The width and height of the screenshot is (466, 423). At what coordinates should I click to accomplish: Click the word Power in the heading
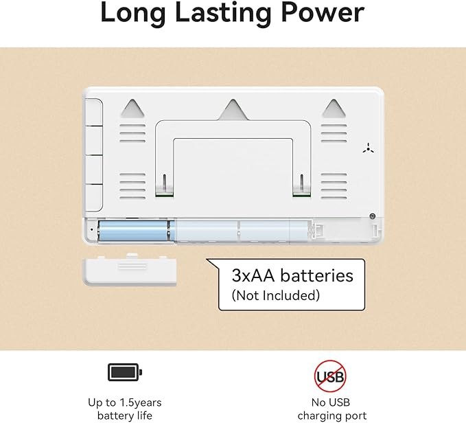pos(322,12)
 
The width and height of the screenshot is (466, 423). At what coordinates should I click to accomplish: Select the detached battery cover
pos(130,270)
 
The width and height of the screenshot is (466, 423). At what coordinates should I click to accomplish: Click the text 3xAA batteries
pos(292,275)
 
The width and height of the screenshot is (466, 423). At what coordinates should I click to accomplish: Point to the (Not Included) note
pos(276,295)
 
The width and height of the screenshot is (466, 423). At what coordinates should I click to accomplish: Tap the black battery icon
pos(125,372)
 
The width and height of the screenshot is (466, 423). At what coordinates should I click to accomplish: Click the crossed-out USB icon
pos(330,376)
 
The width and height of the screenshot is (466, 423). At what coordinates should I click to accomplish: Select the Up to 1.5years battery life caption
pos(125,409)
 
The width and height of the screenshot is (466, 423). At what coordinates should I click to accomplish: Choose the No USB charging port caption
pos(332,409)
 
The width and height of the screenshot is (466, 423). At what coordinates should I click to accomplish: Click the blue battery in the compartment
pos(133,231)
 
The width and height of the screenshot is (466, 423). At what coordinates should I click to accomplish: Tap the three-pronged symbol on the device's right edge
pos(369,148)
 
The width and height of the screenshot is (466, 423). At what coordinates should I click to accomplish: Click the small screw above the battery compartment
pos(372,216)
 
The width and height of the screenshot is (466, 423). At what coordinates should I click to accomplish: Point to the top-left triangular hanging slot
pos(132,108)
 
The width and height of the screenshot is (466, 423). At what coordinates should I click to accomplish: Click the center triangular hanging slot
pos(233,110)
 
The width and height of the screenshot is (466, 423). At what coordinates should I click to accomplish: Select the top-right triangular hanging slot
pos(334,108)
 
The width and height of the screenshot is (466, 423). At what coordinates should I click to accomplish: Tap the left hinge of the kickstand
pos(164,186)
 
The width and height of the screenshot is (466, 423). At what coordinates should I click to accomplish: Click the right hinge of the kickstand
pos(302,186)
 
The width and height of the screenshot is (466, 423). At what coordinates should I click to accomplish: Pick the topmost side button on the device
pos(93,112)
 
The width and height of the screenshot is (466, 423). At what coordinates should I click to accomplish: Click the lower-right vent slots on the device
pos(334,186)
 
